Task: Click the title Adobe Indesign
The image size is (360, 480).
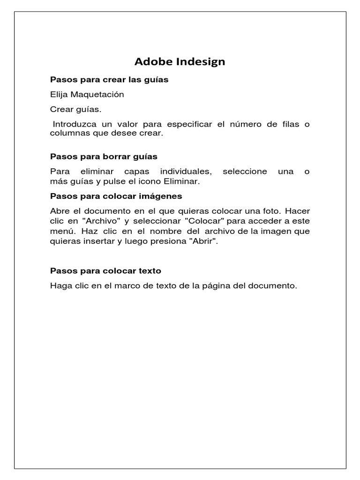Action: coord(180,61)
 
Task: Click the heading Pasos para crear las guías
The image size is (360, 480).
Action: coord(109,80)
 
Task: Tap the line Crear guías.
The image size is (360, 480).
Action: coord(75,110)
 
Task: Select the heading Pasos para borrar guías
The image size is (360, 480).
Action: coord(104,156)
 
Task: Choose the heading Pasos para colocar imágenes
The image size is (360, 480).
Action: coord(116,195)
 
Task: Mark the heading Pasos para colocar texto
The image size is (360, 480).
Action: coord(105,271)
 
